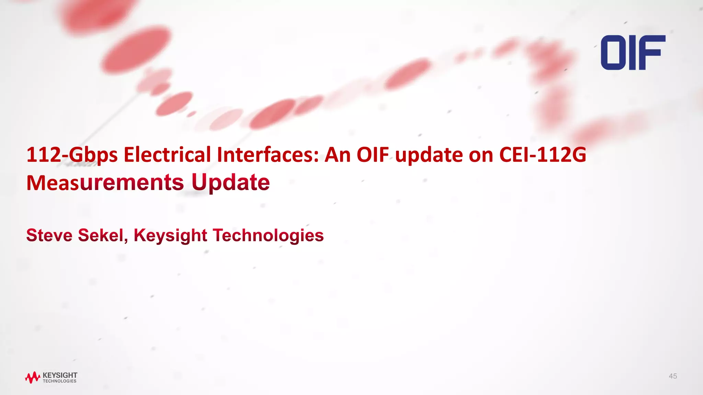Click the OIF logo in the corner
coord(633,52)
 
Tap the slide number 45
coord(673,376)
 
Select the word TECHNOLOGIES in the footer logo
coord(60,381)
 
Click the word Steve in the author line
coord(49,235)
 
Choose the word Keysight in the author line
coord(170,236)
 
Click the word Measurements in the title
coord(105,182)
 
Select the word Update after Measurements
coord(230,182)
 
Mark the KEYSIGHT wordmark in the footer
coord(60,375)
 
